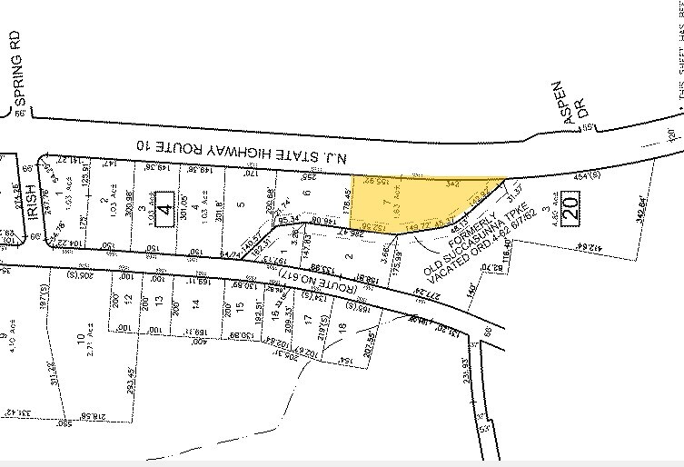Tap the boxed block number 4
(164, 202)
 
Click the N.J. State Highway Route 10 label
(242, 148)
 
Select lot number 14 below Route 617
(194, 302)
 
